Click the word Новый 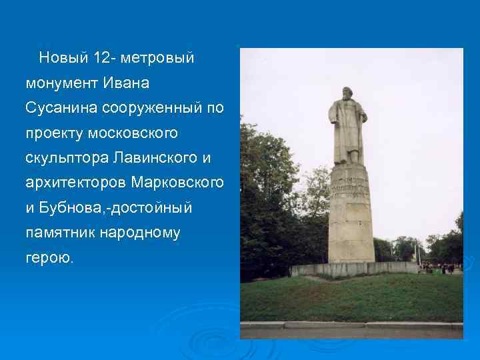(63, 58)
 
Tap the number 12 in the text (103, 58)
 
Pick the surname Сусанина (57, 108)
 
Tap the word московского (134, 133)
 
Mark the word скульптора (67, 158)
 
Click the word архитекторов (76, 183)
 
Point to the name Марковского (178, 183)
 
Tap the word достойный (151, 208)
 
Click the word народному (139, 233)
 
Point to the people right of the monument (439, 267)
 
